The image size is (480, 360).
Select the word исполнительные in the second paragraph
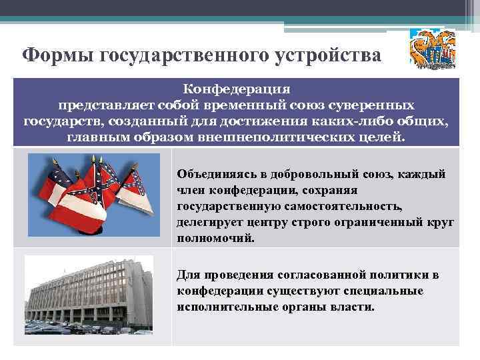[221, 307]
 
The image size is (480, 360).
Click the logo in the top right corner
[432, 47]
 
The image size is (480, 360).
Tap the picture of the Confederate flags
[94, 194]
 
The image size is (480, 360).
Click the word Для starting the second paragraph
[188, 275]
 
